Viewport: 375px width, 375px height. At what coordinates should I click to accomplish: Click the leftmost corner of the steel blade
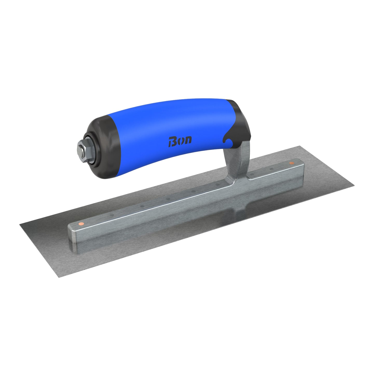[x=20, y=225]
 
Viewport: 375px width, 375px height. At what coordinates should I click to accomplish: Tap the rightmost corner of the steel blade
[x=354, y=185]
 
